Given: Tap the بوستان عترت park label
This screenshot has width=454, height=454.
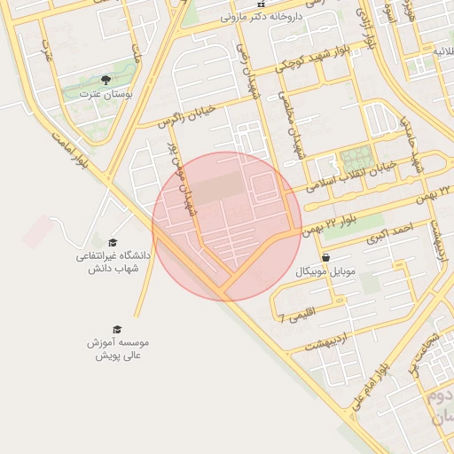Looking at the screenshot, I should [x=106, y=93].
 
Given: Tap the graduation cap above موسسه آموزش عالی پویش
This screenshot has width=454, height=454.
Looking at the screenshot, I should [x=119, y=329].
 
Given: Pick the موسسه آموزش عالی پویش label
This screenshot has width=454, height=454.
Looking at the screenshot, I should [x=119, y=348].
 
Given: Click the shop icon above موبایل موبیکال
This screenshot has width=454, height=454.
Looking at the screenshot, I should [x=327, y=258].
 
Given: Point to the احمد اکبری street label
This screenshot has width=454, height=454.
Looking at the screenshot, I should [x=394, y=231].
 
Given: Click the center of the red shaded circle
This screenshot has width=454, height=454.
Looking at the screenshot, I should [x=227, y=226].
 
